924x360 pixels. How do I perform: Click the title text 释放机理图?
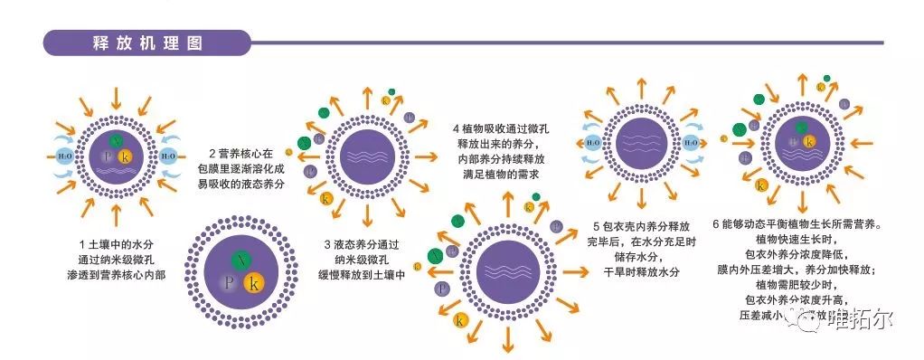click(147, 43)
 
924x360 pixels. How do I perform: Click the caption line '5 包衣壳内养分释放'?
click(641, 225)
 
